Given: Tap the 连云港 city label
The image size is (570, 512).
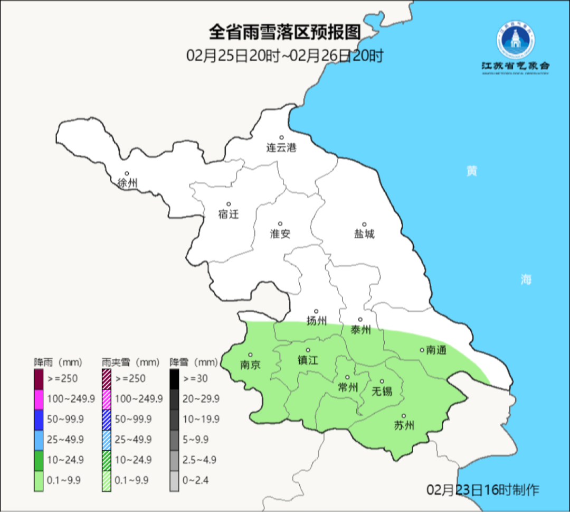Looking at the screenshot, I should pos(281,148).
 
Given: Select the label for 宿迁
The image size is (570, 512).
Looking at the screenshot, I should pos(229,214).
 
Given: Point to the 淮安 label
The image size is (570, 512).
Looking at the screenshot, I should pos(280,234).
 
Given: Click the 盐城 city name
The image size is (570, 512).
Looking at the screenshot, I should pos(364,234).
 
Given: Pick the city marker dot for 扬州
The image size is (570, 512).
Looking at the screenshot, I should pos(316,311).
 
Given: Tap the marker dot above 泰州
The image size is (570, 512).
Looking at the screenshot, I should pos(360,320).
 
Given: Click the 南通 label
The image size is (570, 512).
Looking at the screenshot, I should pos(436,350).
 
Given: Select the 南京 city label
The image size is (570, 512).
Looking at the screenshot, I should pos(250,365).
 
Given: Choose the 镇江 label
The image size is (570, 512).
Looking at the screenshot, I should pos(308,360).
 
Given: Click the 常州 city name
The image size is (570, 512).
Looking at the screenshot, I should pos(347,387).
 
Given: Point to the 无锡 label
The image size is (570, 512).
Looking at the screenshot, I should pos(382,392).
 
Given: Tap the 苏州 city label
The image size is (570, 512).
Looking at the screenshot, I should pos(404,426).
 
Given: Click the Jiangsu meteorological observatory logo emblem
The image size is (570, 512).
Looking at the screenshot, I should pos(515,43).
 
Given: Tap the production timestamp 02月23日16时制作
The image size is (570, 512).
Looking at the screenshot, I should pos(483,490).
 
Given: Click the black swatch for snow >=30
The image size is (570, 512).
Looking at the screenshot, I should pos(174,378).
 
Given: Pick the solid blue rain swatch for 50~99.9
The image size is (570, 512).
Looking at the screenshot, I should pos(39,419).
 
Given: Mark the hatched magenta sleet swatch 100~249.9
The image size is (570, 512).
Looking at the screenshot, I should pos(107,399).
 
